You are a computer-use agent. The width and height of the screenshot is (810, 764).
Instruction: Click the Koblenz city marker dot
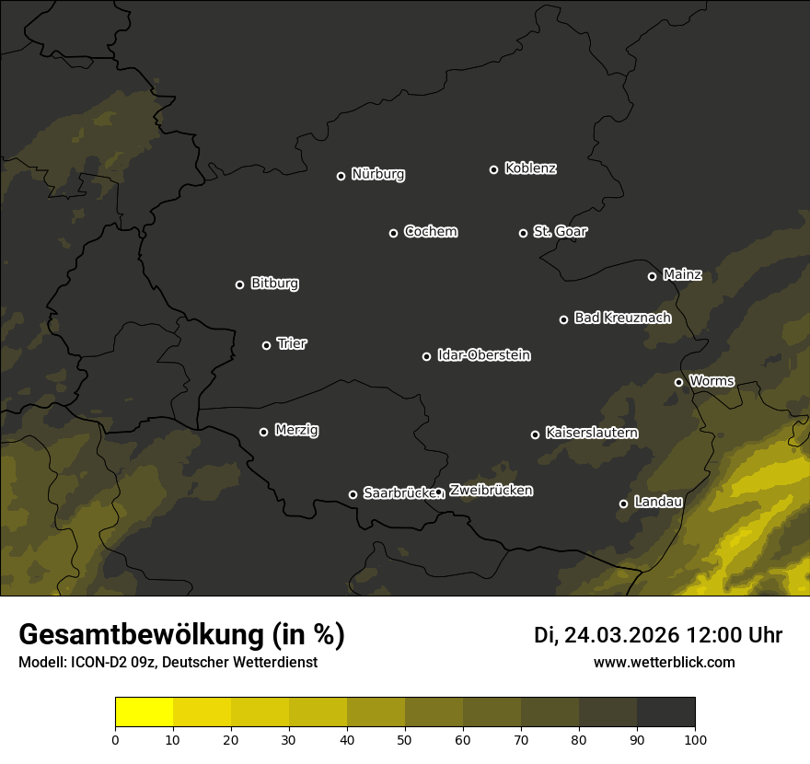493,169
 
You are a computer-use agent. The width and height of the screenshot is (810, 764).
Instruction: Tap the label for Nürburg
378,175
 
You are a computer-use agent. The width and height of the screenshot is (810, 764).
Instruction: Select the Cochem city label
431,232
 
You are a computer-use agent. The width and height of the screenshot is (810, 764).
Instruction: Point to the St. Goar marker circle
523,233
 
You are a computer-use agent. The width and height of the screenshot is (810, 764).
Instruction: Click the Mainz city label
682,275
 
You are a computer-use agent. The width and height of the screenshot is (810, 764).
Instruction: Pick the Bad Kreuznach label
622,318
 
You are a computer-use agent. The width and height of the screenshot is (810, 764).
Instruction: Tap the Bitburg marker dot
239,284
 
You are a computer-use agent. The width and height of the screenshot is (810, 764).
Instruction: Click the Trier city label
292,344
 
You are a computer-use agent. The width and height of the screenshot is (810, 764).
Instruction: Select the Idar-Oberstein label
484,355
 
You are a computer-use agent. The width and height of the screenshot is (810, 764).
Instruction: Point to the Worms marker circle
678,382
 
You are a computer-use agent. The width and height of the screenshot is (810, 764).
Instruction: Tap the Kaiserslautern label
592,433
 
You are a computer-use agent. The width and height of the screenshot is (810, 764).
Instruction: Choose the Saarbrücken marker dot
353,494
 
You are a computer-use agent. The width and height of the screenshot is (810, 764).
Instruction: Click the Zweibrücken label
491,491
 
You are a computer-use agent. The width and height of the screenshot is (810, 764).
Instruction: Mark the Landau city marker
623,504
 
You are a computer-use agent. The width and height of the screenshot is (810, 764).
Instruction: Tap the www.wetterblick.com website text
664,663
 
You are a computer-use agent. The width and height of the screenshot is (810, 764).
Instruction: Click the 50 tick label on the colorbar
405,739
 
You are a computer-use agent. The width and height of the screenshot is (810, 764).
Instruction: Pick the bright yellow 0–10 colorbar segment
145,712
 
